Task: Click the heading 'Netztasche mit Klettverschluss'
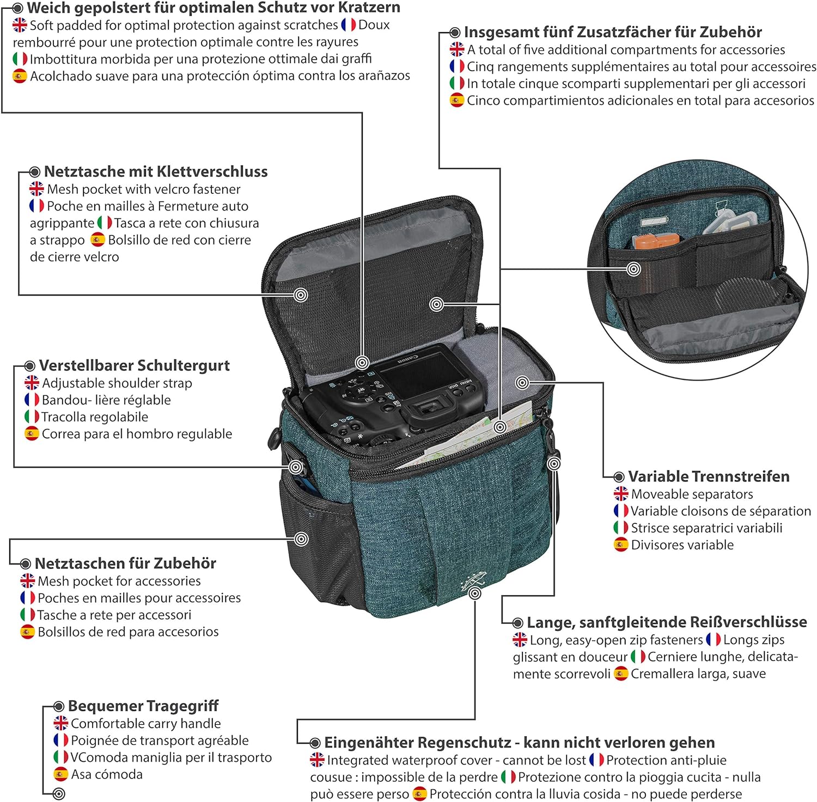click(156, 172)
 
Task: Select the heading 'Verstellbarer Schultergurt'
click(135, 365)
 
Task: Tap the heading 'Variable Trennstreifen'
click(709, 476)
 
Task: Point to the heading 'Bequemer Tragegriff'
click(143, 706)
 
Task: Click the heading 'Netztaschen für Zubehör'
click(125, 563)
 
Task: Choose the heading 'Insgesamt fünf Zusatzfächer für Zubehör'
click(613, 32)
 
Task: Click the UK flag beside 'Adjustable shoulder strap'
click(32, 383)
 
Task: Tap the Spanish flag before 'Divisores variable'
click(621, 544)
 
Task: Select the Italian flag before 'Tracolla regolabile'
click(32, 417)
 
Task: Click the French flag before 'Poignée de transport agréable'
click(61, 740)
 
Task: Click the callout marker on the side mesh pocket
click(301, 539)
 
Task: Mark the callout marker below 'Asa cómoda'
click(59, 794)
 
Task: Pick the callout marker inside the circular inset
click(633, 269)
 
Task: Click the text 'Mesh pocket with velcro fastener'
click(144, 189)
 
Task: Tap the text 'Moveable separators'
click(692, 494)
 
